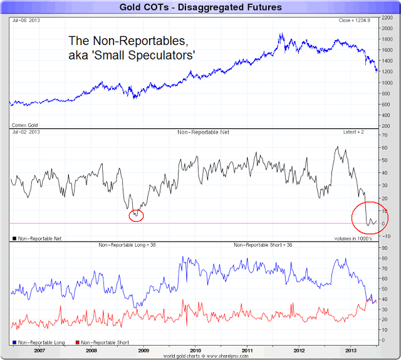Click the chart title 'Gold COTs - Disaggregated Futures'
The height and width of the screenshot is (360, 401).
200,8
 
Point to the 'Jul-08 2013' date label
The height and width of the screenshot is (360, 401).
26,21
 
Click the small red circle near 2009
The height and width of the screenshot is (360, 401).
136,216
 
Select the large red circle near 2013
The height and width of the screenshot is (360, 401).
370,217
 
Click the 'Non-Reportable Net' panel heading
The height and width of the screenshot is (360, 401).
200,133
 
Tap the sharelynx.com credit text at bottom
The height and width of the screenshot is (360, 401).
200,356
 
